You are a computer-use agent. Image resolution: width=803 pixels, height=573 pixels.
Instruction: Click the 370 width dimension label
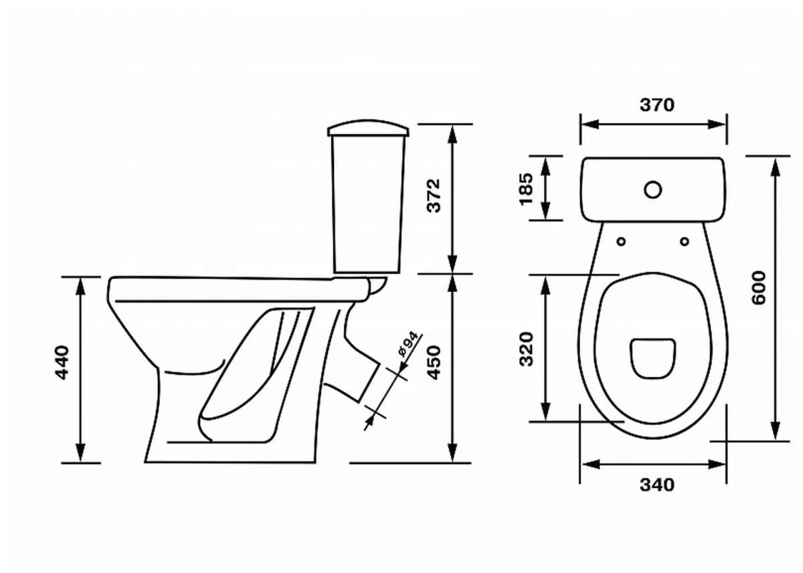click(657, 104)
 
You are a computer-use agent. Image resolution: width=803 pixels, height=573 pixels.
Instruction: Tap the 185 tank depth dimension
click(527, 189)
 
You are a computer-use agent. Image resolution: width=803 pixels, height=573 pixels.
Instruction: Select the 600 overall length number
click(758, 288)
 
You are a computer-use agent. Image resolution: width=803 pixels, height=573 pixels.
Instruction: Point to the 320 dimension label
click(527, 349)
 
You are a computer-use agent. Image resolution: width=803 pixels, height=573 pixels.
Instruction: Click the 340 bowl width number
click(657, 485)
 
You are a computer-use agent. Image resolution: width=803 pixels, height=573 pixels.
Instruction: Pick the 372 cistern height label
click(434, 195)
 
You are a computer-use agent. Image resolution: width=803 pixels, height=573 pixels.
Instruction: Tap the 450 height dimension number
click(434, 363)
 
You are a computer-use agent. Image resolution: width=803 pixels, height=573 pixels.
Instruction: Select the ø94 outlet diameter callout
click(408, 345)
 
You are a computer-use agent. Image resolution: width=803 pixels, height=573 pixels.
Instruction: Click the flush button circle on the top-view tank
click(653, 190)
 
